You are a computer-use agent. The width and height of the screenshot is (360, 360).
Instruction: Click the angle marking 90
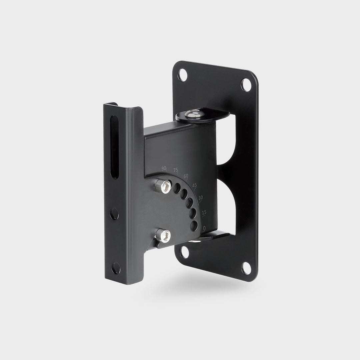coord(164,169)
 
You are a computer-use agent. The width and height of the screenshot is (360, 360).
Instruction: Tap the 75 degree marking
coord(176,170)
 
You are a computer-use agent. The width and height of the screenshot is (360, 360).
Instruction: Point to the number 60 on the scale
coord(186,176)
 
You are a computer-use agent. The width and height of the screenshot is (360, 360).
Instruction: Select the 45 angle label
coord(194,185)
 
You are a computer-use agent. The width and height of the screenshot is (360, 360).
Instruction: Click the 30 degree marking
coord(200,198)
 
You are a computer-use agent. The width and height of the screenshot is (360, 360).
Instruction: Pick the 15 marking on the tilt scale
coord(204,212)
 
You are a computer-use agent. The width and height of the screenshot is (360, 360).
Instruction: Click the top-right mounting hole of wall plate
coord(246,84)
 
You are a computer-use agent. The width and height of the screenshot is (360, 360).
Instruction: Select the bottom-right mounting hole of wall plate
coord(247,267)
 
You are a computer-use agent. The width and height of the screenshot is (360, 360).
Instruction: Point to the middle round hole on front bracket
coord(114,213)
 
